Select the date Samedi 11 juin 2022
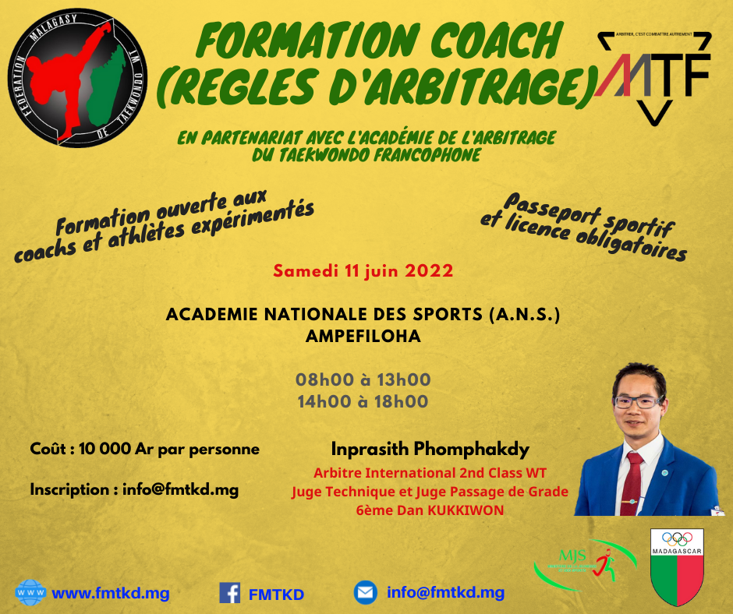pyautogui.click(x=363, y=271)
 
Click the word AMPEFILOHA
pyautogui.click(x=363, y=336)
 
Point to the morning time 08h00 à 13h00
pyautogui.click(x=363, y=379)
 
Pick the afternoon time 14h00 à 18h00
pyautogui.click(x=363, y=401)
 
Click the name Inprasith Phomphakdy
pyautogui.click(x=430, y=449)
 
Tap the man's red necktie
pyautogui.click(x=632, y=484)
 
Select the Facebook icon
pyautogui.click(x=229, y=593)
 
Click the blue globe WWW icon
pyautogui.click(x=30, y=592)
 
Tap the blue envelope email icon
pyautogui.click(x=366, y=592)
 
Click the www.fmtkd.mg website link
pyautogui.click(x=110, y=594)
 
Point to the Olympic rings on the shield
pyautogui.click(x=677, y=538)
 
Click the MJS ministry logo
pyautogui.click(x=586, y=564)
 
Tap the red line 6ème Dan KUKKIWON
pyautogui.click(x=430, y=510)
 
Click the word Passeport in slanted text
pyautogui.click(x=551, y=208)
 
